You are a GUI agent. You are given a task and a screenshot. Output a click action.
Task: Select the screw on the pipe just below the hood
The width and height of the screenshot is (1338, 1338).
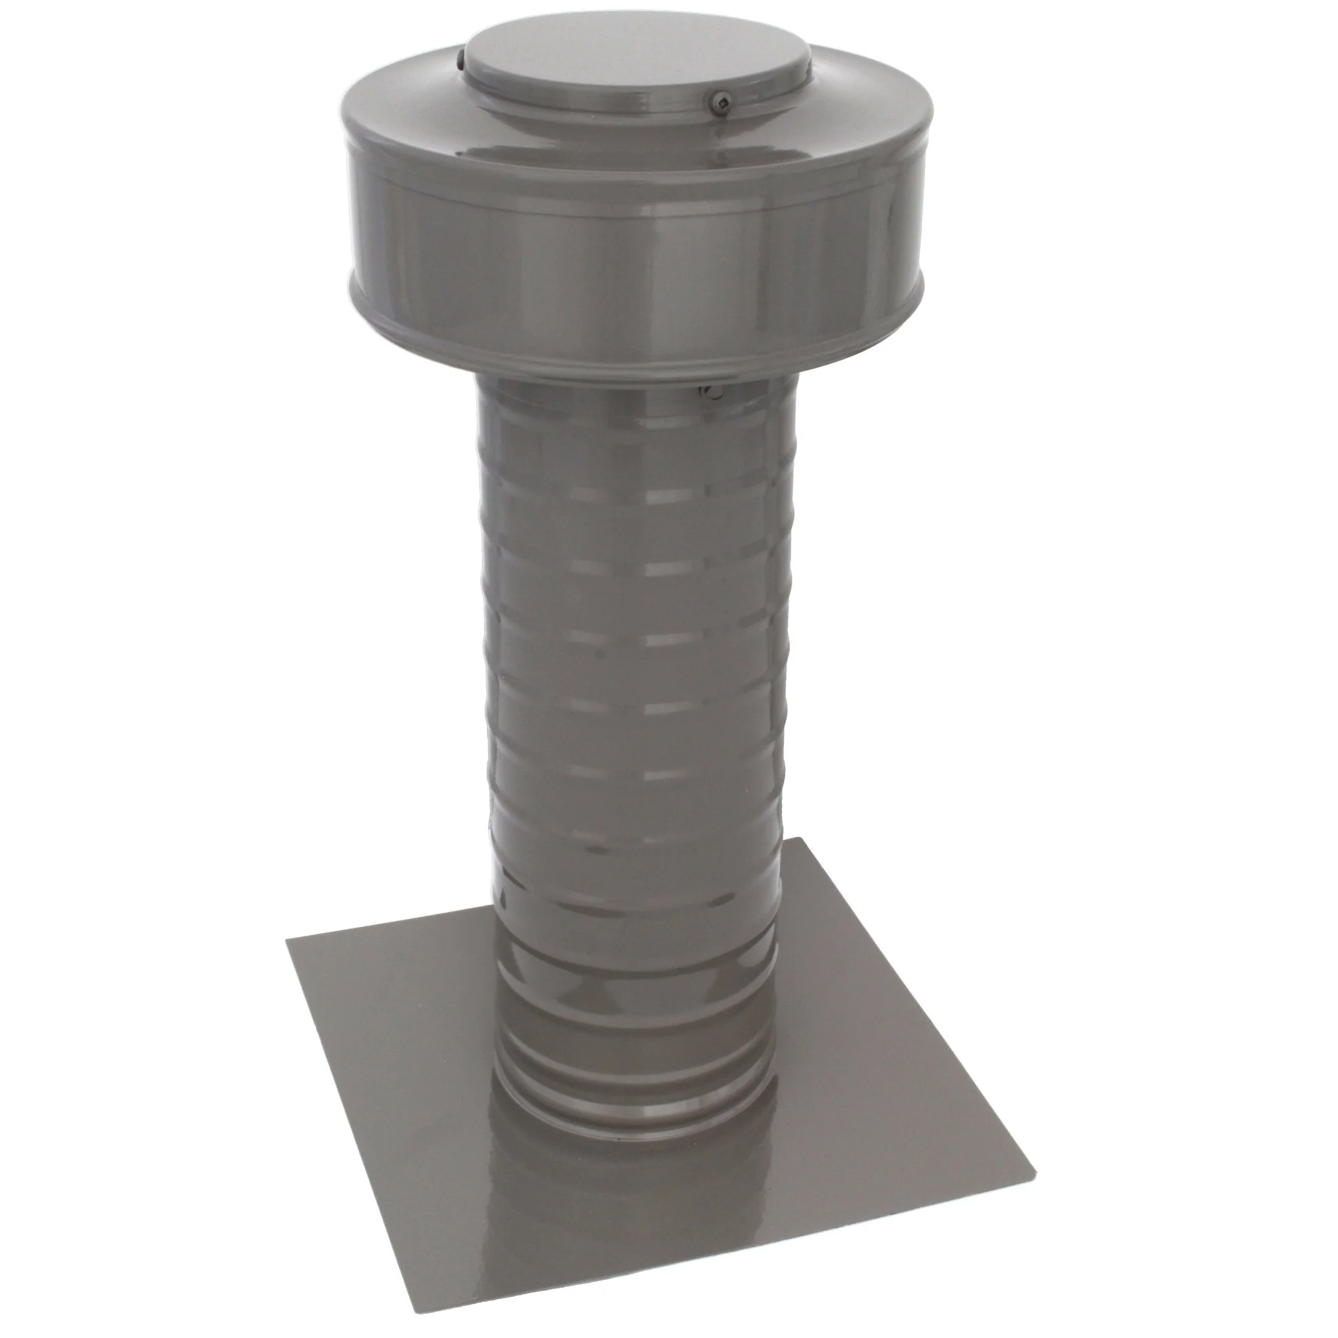pyautogui.click(x=713, y=394)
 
